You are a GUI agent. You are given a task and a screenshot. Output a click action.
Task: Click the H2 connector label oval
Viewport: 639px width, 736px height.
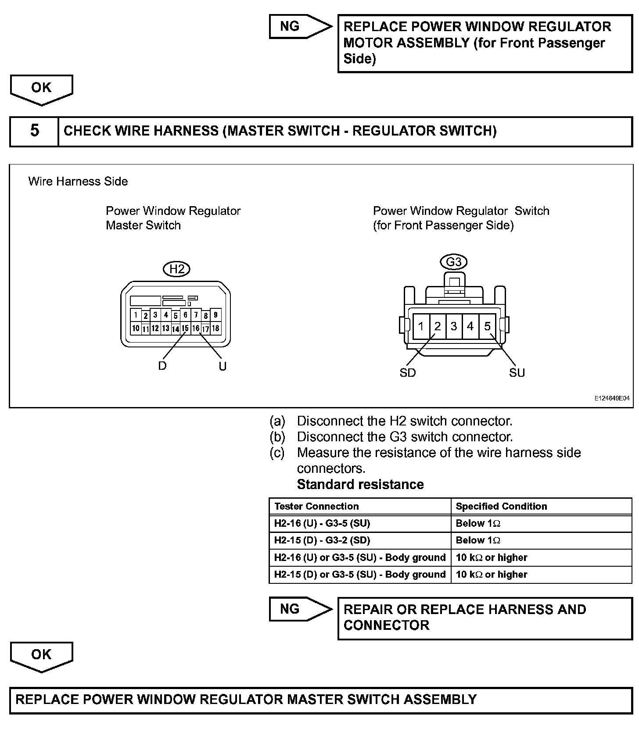[176, 269]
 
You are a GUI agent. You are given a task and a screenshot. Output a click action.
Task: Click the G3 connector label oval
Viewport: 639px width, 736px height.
[453, 262]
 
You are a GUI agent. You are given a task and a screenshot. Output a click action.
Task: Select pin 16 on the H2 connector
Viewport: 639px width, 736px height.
[196, 328]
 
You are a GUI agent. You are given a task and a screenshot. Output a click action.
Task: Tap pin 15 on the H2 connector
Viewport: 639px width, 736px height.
[185, 328]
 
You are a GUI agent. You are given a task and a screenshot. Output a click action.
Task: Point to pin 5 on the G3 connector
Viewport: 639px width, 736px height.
[487, 326]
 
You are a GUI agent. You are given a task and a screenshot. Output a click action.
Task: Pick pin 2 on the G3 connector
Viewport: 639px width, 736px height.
[438, 326]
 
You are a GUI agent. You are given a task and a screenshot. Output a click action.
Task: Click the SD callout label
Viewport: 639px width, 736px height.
[407, 373]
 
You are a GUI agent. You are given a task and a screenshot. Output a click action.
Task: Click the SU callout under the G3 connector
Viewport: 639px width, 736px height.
[517, 373]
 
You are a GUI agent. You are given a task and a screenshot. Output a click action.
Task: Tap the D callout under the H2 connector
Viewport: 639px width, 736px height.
[162, 366]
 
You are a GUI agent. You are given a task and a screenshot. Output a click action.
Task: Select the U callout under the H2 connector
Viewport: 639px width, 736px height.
[223, 366]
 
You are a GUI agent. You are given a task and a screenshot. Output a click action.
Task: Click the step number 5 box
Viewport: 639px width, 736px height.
[34, 131]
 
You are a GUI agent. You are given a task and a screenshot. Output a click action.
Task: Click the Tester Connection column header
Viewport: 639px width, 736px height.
[316, 506]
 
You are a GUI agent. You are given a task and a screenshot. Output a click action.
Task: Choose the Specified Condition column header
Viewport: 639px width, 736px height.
[501, 506]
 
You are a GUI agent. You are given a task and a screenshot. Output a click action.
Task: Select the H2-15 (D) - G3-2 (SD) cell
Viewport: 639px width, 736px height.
[322, 540]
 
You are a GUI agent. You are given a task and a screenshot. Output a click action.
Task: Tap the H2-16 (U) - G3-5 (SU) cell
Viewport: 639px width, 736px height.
[322, 523]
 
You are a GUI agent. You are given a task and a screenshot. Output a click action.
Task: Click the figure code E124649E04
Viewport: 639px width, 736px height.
[612, 398]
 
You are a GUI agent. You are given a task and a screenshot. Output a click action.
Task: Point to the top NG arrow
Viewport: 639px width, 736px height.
[300, 26]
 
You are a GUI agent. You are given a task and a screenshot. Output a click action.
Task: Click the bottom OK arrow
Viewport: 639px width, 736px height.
[41, 655]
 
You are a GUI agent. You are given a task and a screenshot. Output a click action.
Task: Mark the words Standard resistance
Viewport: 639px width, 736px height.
[360, 484]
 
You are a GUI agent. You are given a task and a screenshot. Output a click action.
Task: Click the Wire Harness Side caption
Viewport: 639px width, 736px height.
[78, 182]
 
